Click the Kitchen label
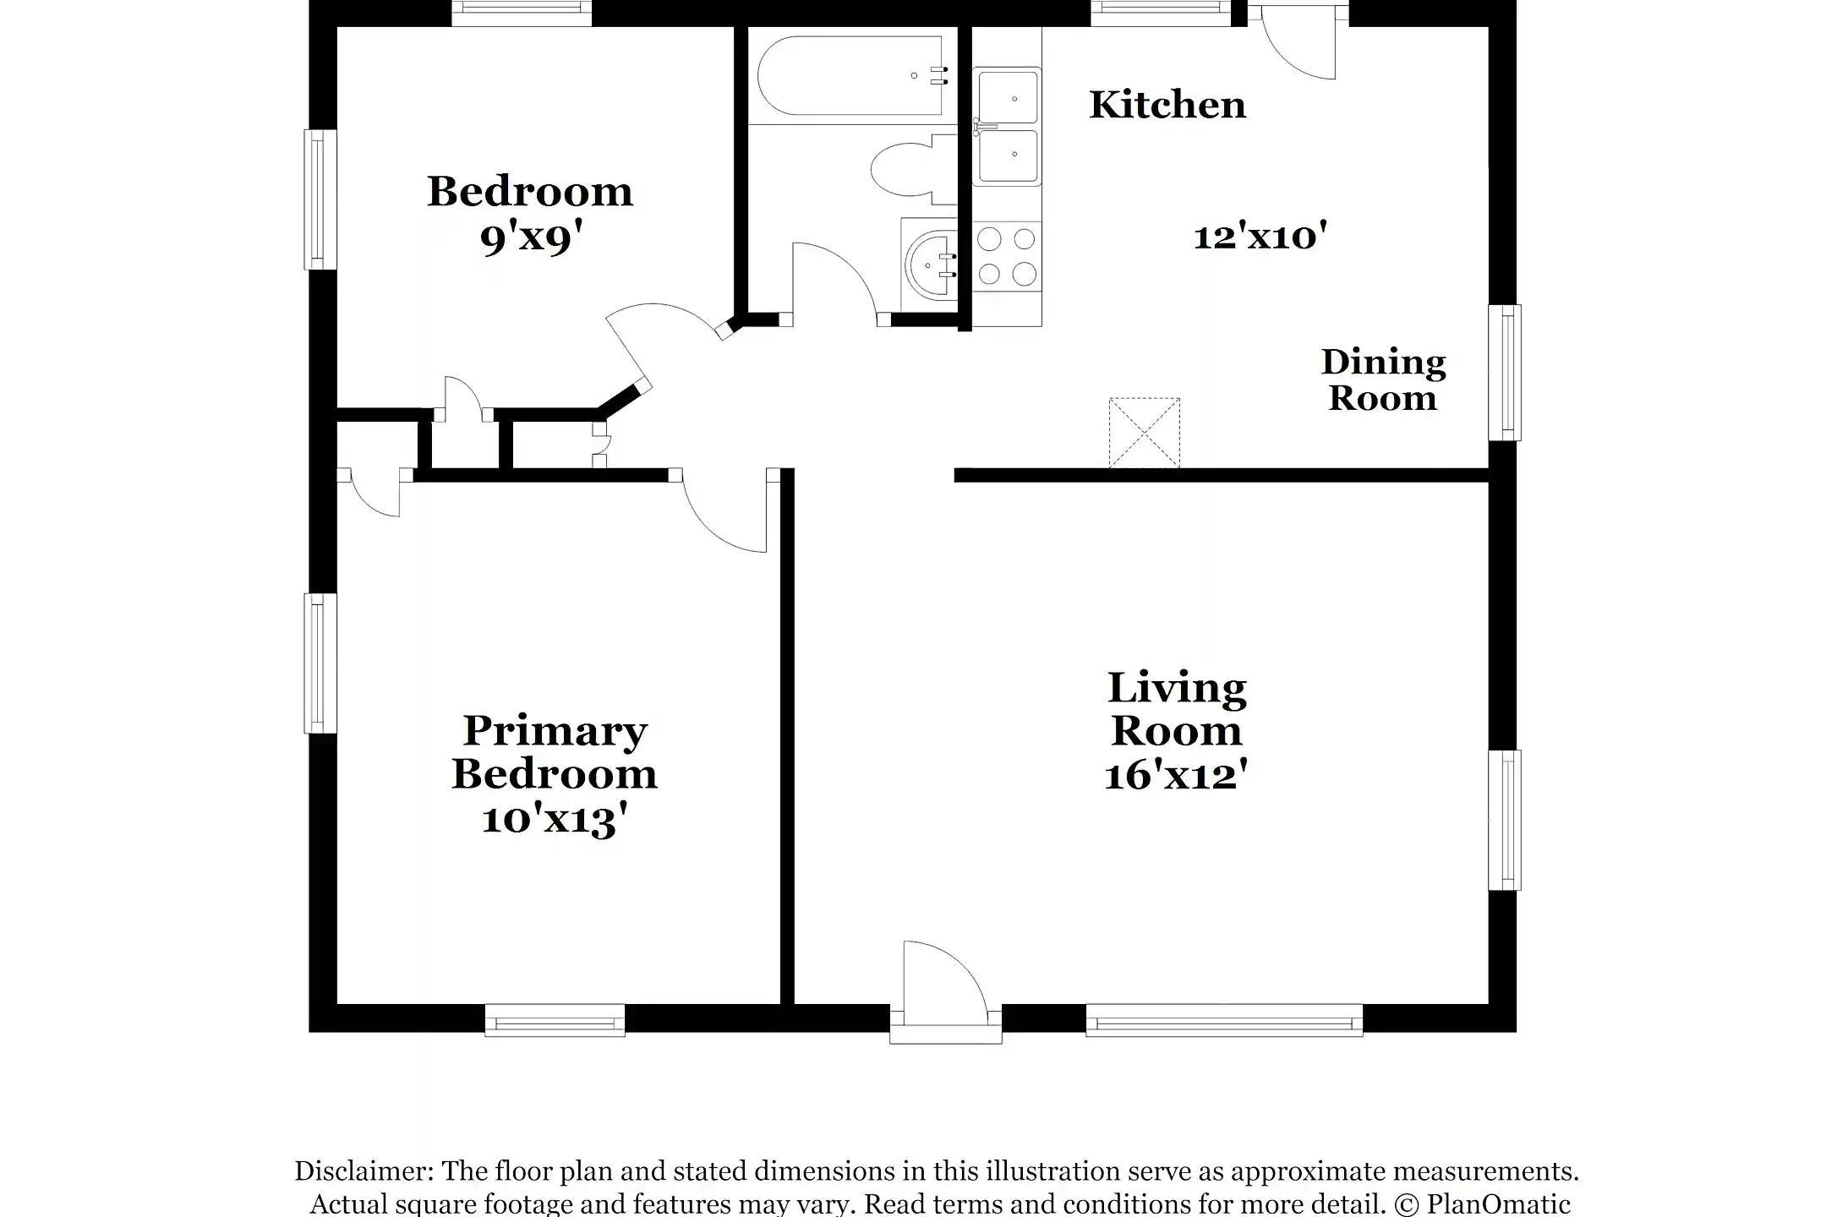[x=1167, y=105]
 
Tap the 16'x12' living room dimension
[x=1176, y=775]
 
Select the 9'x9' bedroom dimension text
[x=532, y=238]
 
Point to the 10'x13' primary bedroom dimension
[x=555, y=819]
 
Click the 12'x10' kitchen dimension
[x=1260, y=236]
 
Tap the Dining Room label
[x=1383, y=380]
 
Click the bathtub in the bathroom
[x=853, y=75]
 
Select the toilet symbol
[x=913, y=169]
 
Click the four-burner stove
[x=1007, y=257]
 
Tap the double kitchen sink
[x=1006, y=127]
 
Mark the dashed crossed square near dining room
[x=1144, y=433]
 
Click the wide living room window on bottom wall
[x=1224, y=1020]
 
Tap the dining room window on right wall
[x=1504, y=373]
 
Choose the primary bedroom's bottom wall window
[x=555, y=1020]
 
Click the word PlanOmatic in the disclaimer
[x=1499, y=1203]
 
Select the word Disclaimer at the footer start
[x=364, y=1171]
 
